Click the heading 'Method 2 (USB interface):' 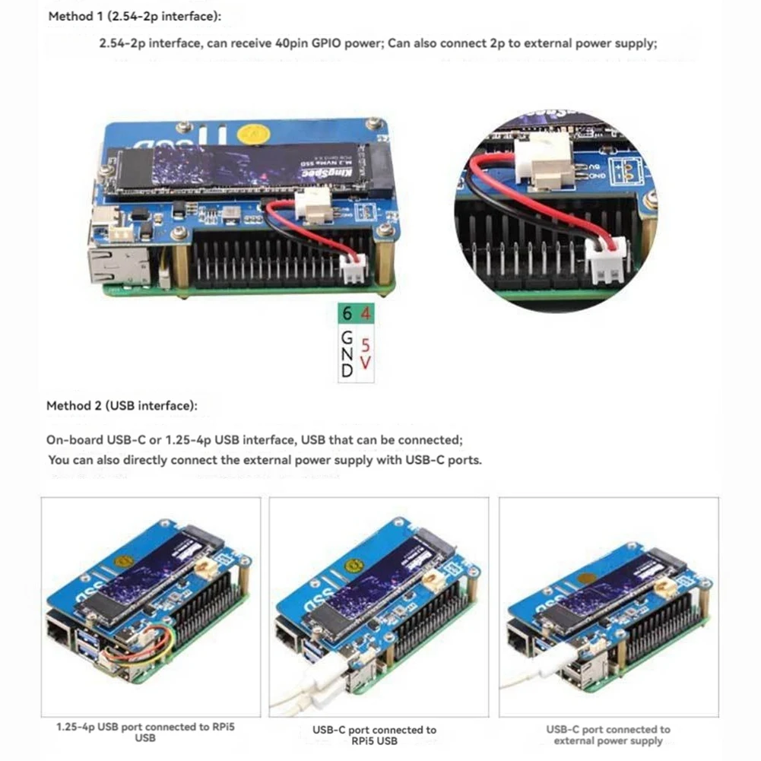122,406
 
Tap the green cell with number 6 347,313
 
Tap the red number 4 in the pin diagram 366,313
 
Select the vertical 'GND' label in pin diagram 347,353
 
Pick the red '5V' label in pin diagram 366,354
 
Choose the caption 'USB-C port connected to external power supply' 608,734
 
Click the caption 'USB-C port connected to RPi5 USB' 375,734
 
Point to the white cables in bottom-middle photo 304,688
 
